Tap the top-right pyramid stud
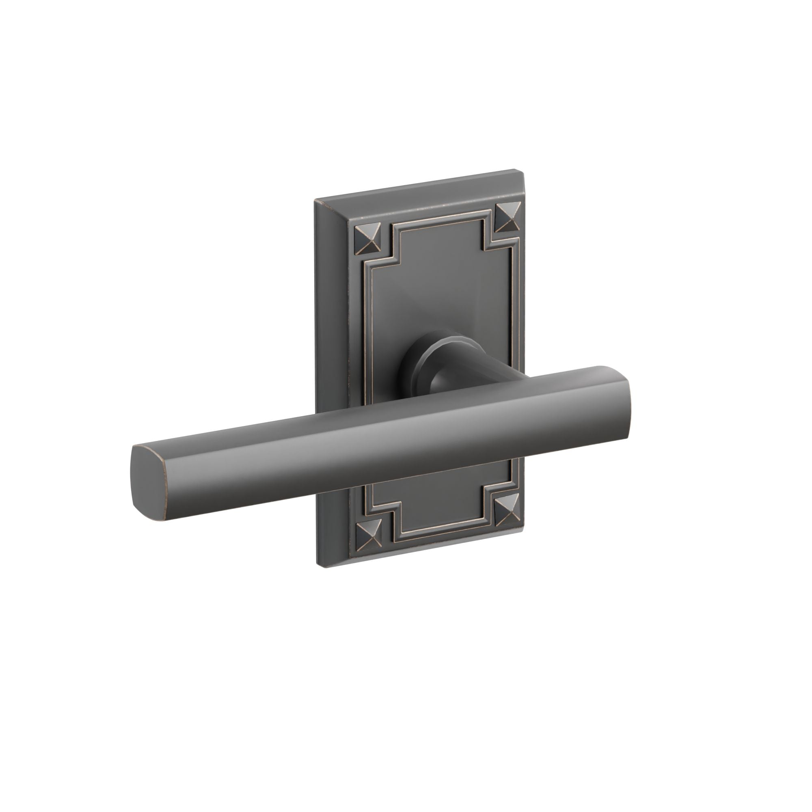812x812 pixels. (x=508, y=217)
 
